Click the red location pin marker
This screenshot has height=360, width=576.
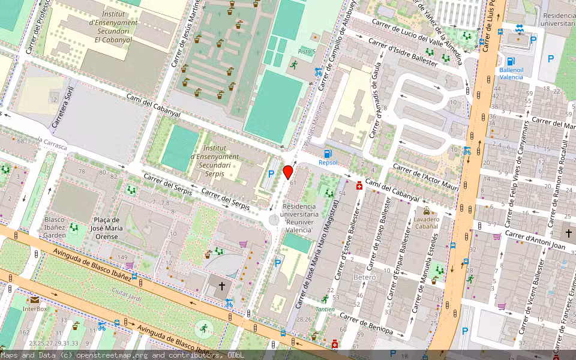[288, 172]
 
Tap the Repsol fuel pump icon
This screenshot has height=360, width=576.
[328, 154]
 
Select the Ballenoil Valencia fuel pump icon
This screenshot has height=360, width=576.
[511, 61]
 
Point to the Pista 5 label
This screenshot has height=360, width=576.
[307, 52]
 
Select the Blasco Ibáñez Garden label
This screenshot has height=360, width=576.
[55, 227]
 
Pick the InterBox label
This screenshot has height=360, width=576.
[35, 308]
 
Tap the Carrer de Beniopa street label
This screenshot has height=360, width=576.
[366, 323]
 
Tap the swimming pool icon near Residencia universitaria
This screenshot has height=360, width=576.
[520, 28]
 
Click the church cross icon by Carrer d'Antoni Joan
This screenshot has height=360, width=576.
[567, 232]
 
